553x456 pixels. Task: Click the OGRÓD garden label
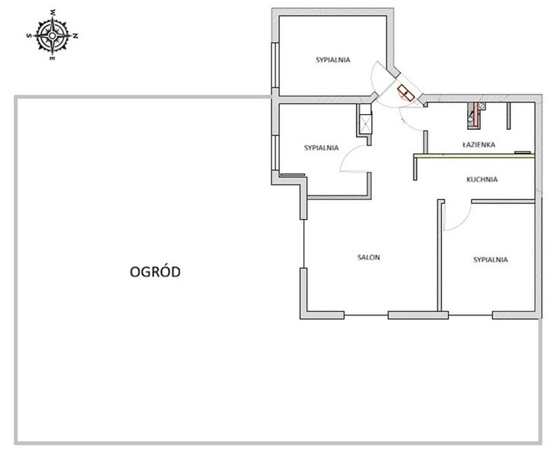click(x=155, y=271)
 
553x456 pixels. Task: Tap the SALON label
click(x=369, y=257)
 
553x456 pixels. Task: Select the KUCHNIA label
click(x=481, y=179)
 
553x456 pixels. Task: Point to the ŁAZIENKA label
click(x=478, y=144)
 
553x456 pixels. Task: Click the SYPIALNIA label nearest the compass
click(x=333, y=59)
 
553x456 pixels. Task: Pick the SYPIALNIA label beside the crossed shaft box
click(x=321, y=147)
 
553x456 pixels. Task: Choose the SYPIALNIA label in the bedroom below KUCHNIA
click(x=490, y=260)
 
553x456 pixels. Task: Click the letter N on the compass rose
click(x=75, y=36)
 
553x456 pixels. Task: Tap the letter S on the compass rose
click(x=29, y=35)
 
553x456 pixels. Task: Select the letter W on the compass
click(x=53, y=13)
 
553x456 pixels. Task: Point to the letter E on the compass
click(x=52, y=59)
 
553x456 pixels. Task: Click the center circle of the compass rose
click(x=52, y=35)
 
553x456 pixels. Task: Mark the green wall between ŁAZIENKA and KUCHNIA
click(x=474, y=156)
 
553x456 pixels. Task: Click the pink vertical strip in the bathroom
click(x=475, y=114)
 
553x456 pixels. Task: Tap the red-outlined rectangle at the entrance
click(x=405, y=93)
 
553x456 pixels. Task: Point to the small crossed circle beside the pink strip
click(x=481, y=105)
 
